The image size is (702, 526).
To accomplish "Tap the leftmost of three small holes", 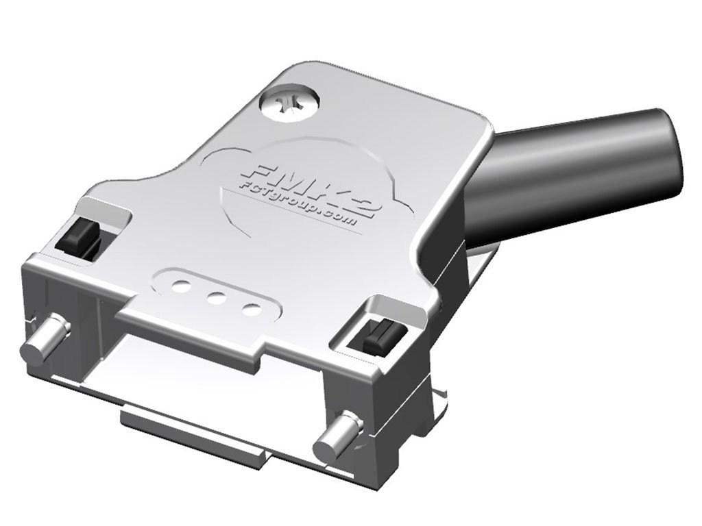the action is pyautogui.click(x=182, y=284).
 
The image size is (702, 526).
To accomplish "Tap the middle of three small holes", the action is pyautogui.click(x=217, y=297).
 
